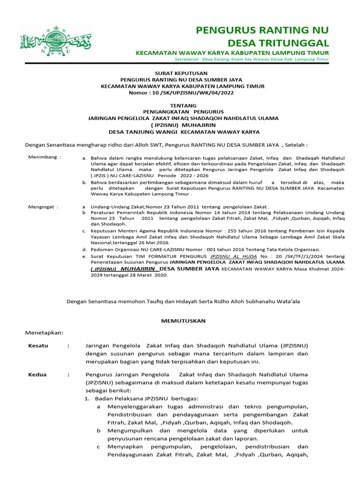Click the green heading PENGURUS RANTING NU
(x=262, y=30)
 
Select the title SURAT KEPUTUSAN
(x=180, y=74)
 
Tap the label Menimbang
(x=45, y=157)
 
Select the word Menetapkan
(x=44, y=332)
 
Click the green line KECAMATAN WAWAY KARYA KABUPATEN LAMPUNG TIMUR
(x=232, y=52)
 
